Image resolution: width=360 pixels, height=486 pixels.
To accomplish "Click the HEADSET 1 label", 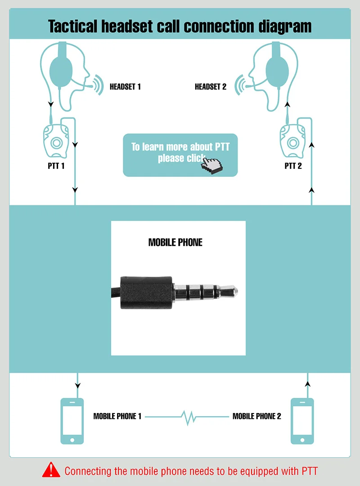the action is click(125, 87).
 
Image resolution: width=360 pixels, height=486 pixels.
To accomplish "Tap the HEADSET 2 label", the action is click(211, 87).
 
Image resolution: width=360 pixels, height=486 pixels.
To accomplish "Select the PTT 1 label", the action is click(56, 166).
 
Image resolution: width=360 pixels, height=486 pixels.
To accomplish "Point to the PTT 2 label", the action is click(293, 166).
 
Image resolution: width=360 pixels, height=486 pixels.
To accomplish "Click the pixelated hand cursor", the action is click(212, 164).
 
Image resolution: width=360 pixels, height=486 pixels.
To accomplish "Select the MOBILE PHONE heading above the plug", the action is click(175, 243).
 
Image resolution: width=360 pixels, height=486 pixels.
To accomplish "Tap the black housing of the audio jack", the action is click(146, 292).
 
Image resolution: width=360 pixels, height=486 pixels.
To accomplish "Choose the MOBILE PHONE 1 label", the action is click(117, 416).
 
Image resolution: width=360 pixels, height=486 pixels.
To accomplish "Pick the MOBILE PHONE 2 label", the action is click(257, 416).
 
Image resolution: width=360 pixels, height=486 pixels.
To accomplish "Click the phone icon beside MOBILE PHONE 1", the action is click(72, 421).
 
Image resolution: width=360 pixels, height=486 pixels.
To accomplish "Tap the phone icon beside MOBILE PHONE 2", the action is click(302, 421).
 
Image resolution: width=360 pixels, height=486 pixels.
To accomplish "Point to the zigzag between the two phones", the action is click(187, 417).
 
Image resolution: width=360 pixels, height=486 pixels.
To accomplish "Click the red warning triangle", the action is click(51, 470).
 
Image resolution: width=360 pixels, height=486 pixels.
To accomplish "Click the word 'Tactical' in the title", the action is click(73, 26).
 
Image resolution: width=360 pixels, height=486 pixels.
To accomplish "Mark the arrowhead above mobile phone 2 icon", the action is click(308, 384).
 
